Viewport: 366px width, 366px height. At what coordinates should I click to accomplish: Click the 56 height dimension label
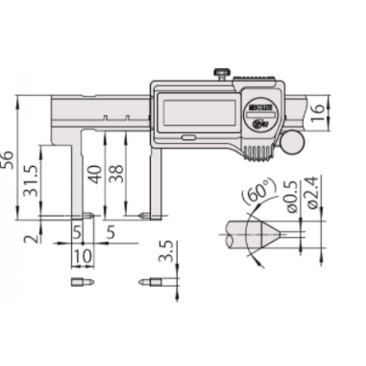(x=7, y=160)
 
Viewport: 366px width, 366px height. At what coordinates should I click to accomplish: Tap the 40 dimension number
(x=96, y=174)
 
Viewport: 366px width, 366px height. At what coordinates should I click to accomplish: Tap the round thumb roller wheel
(x=293, y=143)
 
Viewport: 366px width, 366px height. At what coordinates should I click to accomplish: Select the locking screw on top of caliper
(x=221, y=74)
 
